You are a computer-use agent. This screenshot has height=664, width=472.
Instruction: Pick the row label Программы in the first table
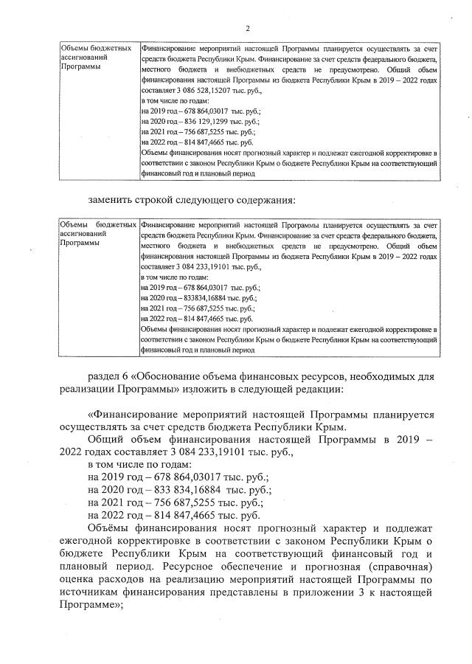(x=80, y=67)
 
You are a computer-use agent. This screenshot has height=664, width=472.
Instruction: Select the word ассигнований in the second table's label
(x=83, y=231)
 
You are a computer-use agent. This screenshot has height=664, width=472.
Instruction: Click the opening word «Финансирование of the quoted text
(x=139, y=415)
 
